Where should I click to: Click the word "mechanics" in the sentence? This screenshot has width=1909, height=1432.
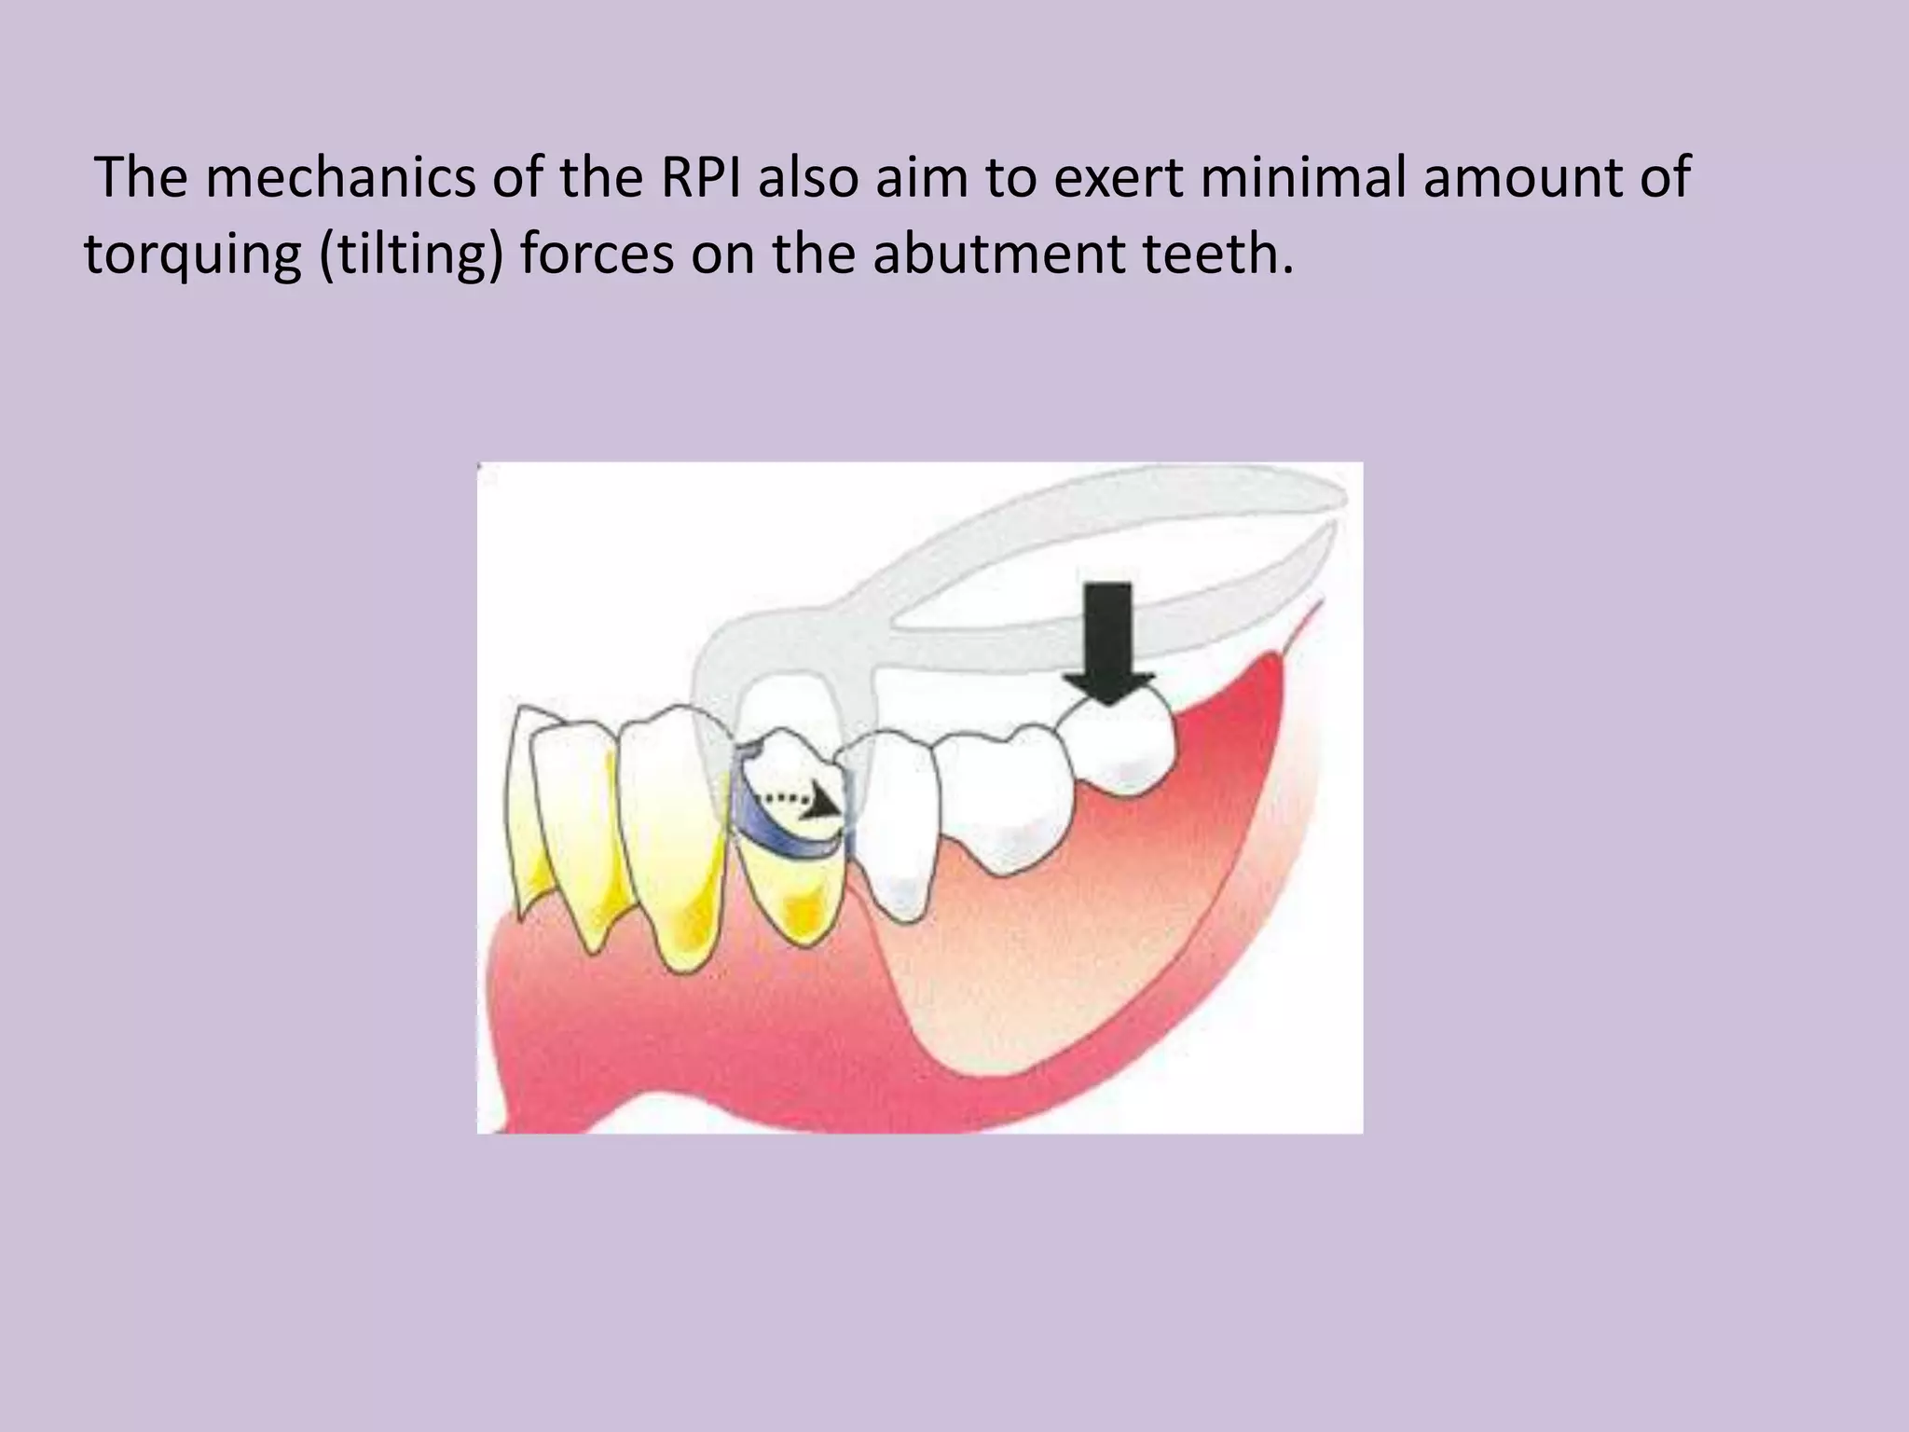(339, 177)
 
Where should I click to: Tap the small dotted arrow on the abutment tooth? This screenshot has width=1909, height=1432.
(802, 800)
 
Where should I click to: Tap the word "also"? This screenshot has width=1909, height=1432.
(807, 177)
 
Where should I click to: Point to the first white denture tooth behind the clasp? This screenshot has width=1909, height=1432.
(895, 820)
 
